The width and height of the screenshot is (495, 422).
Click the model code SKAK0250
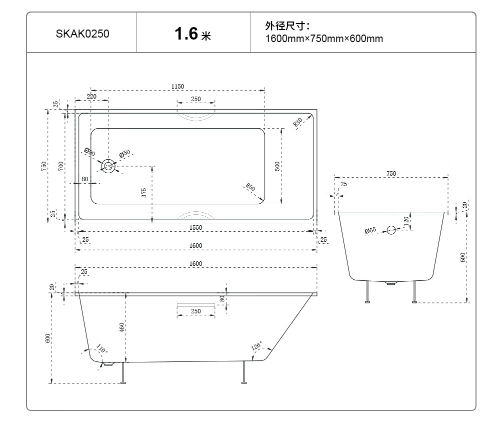(82, 34)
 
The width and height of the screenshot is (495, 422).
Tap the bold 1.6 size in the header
(186, 34)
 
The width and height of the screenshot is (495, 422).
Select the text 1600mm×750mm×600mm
(324, 39)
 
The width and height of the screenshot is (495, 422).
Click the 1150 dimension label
(177, 86)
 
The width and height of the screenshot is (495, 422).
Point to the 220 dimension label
(91, 97)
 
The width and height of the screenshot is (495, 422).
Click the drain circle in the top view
(108, 166)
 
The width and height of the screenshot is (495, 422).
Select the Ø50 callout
(124, 154)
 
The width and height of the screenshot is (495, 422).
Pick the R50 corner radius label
(250, 187)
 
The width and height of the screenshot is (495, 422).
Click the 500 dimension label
(277, 166)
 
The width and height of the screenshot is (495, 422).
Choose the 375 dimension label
(144, 193)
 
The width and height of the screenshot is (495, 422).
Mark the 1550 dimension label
(195, 228)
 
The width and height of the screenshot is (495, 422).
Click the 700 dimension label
(60, 166)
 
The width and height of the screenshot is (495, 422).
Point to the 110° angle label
(101, 348)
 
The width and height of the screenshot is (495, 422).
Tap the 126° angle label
(256, 345)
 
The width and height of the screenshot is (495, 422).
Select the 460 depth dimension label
(121, 327)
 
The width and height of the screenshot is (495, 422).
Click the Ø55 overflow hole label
(370, 230)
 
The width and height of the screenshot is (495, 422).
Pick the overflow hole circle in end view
(391, 230)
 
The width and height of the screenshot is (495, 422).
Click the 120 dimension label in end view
(406, 220)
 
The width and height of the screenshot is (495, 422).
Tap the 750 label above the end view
(391, 174)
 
